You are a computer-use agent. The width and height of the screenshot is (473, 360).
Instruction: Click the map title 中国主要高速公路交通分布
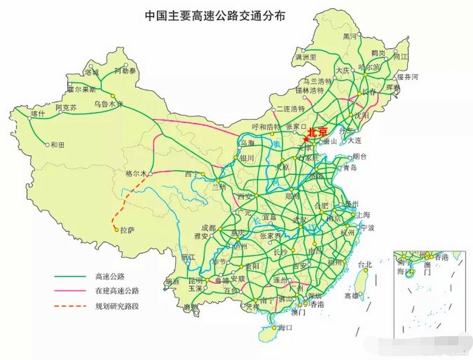pos(215,16)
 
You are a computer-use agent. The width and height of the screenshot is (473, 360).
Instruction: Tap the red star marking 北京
pos(306,140)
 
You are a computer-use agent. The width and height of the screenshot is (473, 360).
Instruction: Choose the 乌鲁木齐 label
pos(108,103)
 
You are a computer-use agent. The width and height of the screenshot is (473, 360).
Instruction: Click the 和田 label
pos(58,144)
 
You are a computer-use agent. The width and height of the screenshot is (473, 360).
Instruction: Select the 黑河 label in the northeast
pos(350,36)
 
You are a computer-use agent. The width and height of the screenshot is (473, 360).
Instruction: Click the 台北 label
pos(365,265)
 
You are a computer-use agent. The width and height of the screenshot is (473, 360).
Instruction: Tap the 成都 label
pos(208,228)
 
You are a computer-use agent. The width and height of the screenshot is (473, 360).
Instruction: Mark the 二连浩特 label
pos(291,109)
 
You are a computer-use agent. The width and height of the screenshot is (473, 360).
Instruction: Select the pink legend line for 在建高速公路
pos(70,291)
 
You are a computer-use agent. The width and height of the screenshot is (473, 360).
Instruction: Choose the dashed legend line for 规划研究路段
pos(70,306)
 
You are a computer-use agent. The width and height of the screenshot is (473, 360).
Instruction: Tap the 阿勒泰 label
pos(124,71)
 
